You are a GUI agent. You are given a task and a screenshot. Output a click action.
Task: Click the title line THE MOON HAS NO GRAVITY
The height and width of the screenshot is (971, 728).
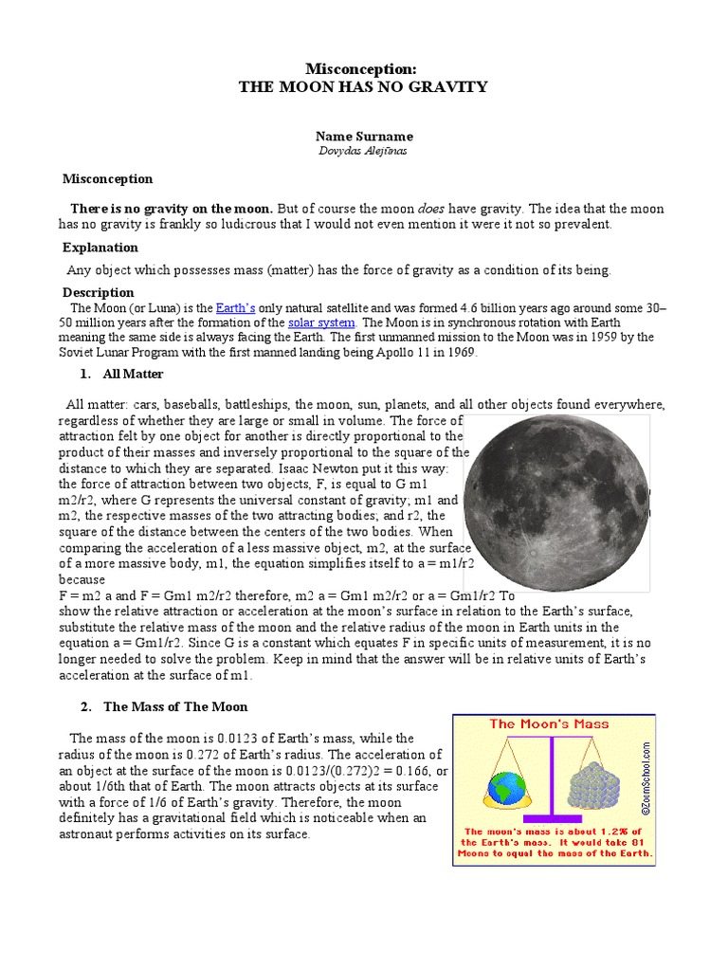(x=364, y=87)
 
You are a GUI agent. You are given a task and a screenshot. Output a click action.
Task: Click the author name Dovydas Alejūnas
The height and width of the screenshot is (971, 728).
(x=364, y=152)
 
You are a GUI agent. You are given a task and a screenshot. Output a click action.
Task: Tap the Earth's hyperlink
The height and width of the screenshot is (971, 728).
(x=236, y=308)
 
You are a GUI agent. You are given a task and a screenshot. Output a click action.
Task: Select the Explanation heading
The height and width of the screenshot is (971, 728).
(x=100, y=247)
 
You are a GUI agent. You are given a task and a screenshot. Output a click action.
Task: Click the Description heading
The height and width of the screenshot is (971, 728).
(x=99, y=292)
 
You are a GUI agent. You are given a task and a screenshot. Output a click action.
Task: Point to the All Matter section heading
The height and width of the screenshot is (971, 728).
(x=133, y=375)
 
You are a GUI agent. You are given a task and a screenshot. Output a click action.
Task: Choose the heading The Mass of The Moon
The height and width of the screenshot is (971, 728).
(x=175, y=706)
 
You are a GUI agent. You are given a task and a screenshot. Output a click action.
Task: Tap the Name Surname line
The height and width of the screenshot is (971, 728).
(x=364, y=137)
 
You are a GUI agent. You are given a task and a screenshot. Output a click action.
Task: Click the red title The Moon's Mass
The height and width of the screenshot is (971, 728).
(x=549, y=724)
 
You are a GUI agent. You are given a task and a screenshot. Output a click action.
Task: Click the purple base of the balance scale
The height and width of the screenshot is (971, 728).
(x=552, y=816)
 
